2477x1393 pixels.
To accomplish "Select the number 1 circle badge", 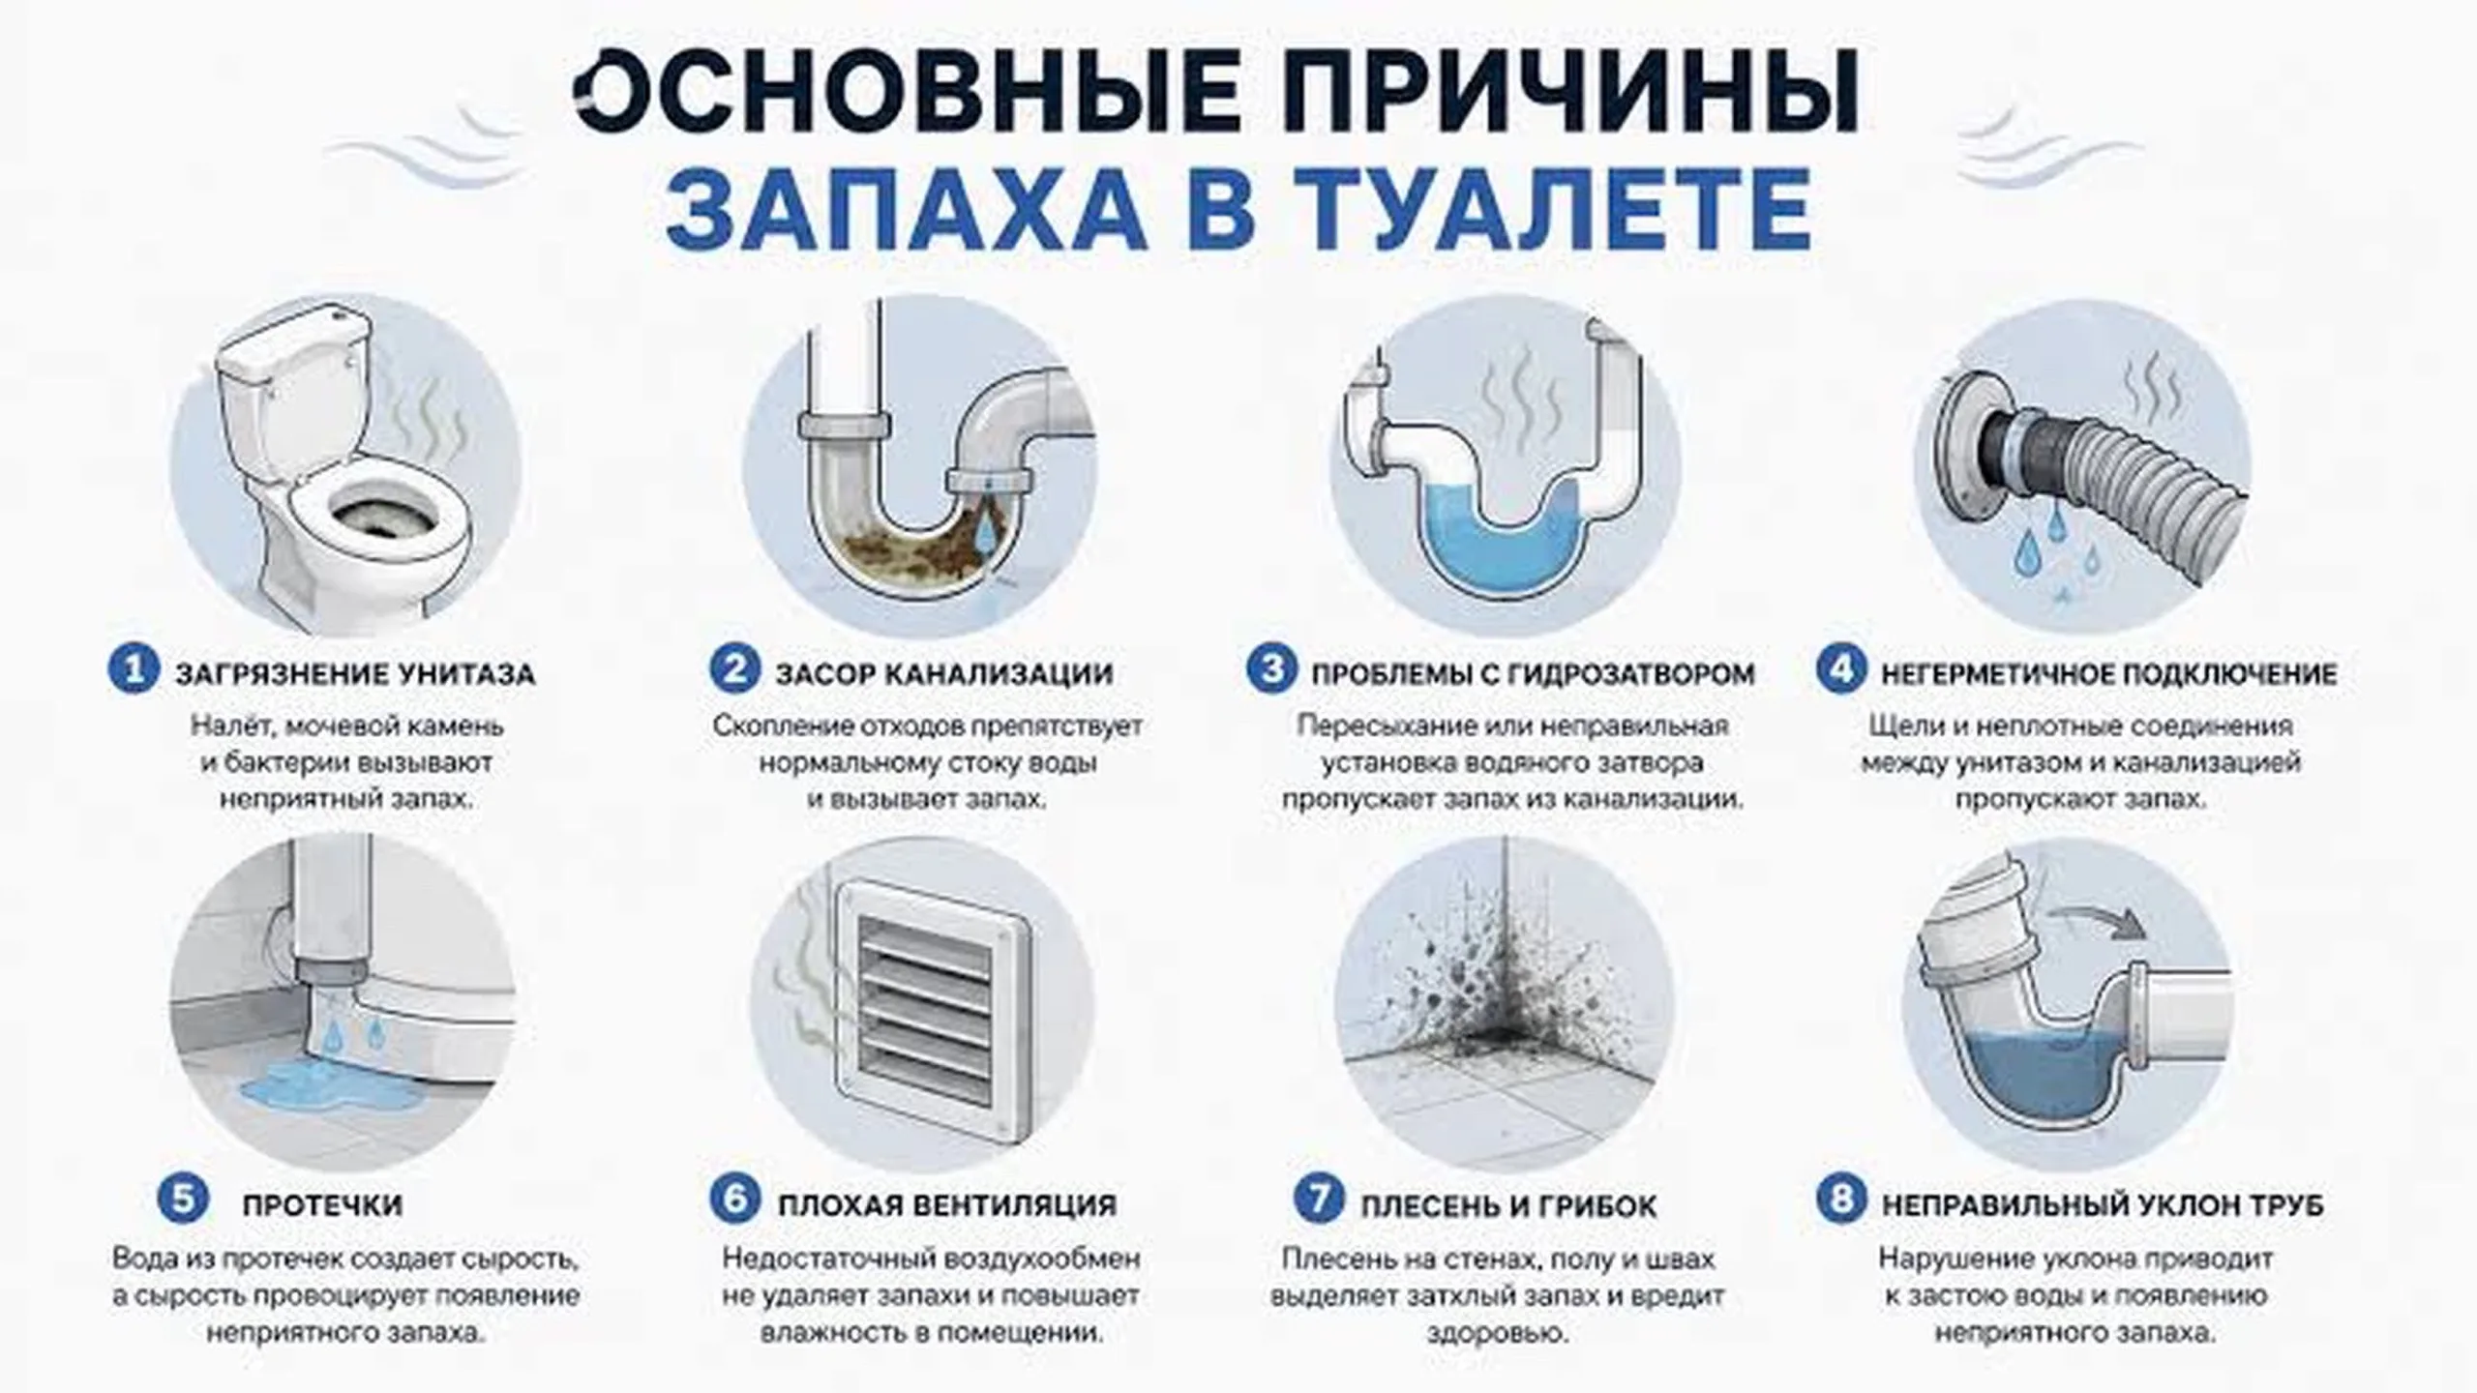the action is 133,670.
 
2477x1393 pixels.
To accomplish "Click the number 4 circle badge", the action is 1840,670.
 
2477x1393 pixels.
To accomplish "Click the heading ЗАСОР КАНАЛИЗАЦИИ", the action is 944,673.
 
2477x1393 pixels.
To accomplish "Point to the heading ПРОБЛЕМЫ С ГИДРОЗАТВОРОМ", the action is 1533,673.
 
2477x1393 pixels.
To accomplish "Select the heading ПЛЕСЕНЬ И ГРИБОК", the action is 1508,1206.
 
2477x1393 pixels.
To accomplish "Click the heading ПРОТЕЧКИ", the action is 322,1205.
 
